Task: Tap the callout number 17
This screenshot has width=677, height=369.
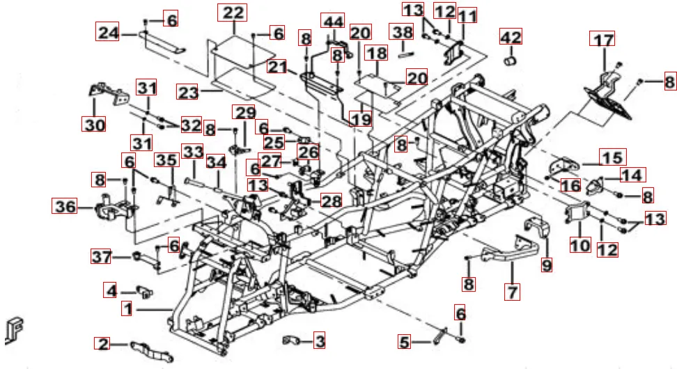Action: coord(604,40)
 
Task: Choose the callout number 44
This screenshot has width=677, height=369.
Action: coord(333,22)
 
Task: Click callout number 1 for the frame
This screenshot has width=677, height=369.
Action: coord(126,308)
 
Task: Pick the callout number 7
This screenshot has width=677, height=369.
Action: coord(513,292)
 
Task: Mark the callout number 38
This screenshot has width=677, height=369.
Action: coord(402,32)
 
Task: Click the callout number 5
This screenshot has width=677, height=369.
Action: coord(405,342)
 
